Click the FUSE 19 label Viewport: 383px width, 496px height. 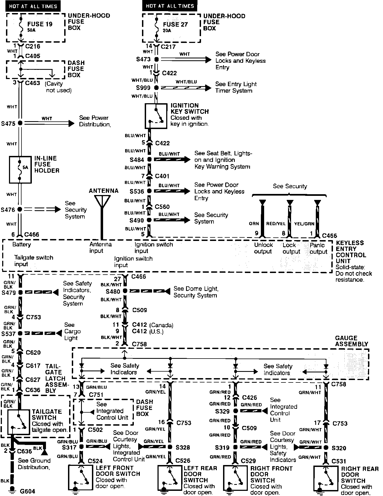[40, 24]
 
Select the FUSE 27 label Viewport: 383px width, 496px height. [175, 24]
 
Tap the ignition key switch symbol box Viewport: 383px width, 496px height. [156, 116]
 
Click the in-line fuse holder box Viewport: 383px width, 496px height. [20, 169]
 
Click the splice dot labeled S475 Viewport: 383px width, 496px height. [20, 123]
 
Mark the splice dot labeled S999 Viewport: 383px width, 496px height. [156, 88]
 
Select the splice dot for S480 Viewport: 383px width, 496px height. [125, 291]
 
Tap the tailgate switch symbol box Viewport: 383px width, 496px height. [18, 422]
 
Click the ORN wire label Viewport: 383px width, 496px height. [254, 224]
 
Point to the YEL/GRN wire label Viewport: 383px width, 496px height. [304, 224]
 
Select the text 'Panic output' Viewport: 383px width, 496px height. [318, 248]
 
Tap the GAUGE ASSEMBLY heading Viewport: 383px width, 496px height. [351, 341]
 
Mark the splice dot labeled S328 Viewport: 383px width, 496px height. [170, 447]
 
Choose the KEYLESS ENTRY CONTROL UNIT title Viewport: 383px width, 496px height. [351, 252]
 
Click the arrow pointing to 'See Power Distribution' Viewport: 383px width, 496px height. [71, 123]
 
